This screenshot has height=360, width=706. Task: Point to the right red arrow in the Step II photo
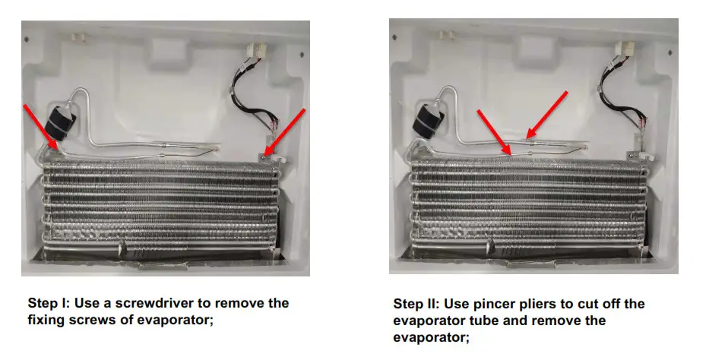pyautogui.click(x=547, y=115)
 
